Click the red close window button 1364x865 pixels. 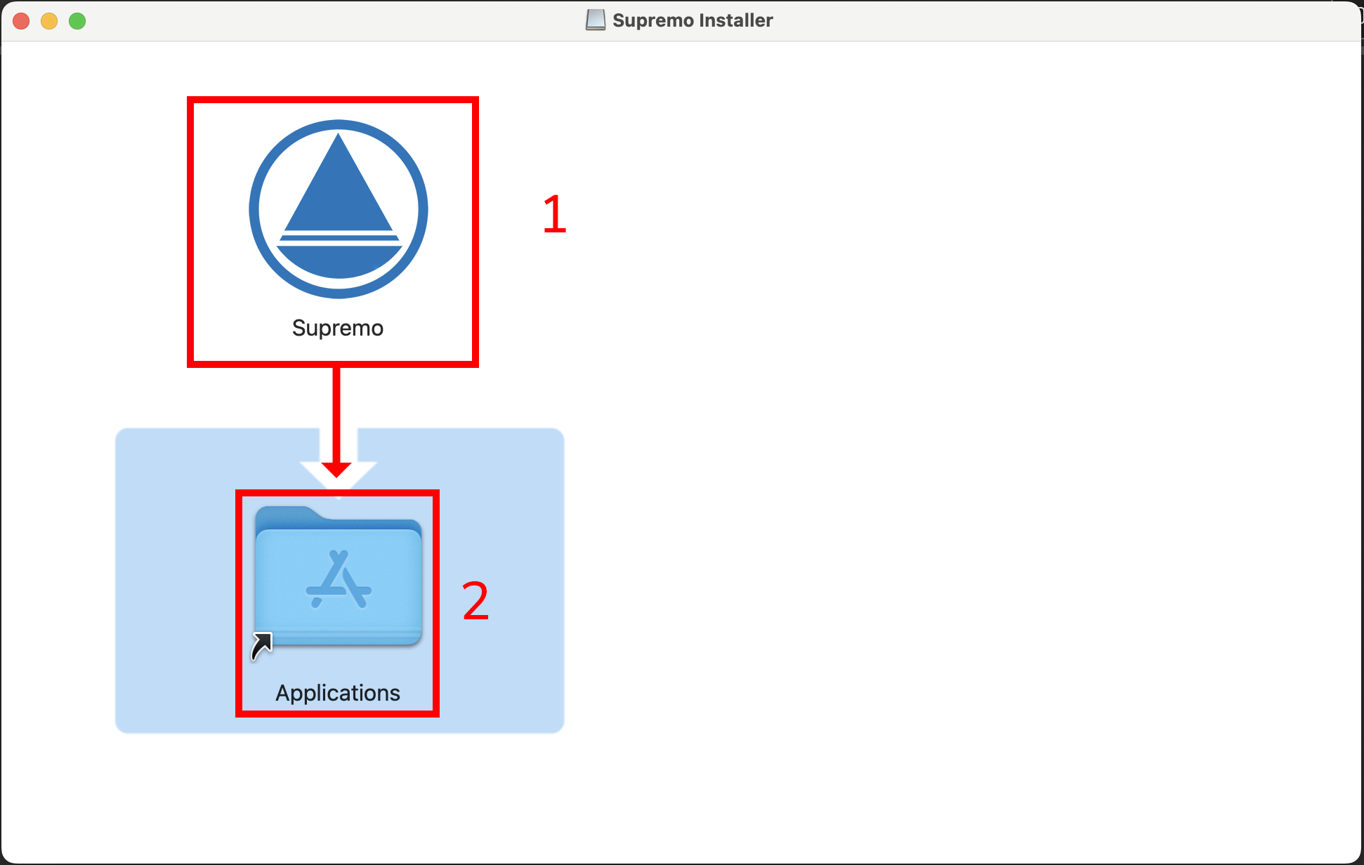[21, 21]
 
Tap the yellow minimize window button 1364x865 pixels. [49, 21]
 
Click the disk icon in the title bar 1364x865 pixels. [595, 20]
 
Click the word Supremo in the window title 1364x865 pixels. [653, 20]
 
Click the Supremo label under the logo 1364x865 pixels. [338, 328]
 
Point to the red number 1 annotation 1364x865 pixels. [554, 214]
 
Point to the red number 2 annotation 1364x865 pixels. [476, 601]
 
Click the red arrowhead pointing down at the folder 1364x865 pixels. [337, 469]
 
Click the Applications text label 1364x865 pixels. [338, 693]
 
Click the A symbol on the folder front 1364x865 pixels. [339, 580]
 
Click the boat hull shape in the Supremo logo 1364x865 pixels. [339, 260]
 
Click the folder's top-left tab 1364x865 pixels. [284, 515]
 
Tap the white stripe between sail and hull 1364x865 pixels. [339, 233]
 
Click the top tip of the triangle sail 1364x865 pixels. [339, 137]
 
